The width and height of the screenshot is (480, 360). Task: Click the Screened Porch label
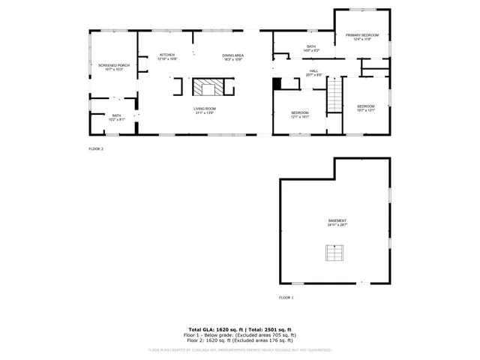(x=114, y=65)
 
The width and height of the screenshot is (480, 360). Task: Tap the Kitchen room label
(x=167, y=55)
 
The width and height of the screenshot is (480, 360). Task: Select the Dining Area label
(x=232, y=55)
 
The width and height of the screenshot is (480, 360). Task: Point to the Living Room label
(x=205, y=109)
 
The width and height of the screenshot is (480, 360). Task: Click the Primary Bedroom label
(x=362, y=35)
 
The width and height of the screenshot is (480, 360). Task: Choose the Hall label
(x=313, y=71)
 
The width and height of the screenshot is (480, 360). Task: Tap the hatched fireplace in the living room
(x=208, y=88)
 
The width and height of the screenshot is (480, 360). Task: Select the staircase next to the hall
(x=334, y=95)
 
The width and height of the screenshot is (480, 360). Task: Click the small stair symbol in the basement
(x=334, y=253)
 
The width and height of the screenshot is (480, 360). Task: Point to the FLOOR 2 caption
(x=96, y=149)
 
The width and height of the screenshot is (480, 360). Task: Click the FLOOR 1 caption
(x=286, y=298)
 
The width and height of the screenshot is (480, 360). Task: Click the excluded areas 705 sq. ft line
(x=240, y=334)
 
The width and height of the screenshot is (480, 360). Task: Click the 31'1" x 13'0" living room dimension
(x=205, y=113)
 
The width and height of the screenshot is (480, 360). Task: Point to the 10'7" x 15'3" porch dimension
(x=114, y=70)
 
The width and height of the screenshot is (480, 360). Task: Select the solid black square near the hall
(x=276, y=83)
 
